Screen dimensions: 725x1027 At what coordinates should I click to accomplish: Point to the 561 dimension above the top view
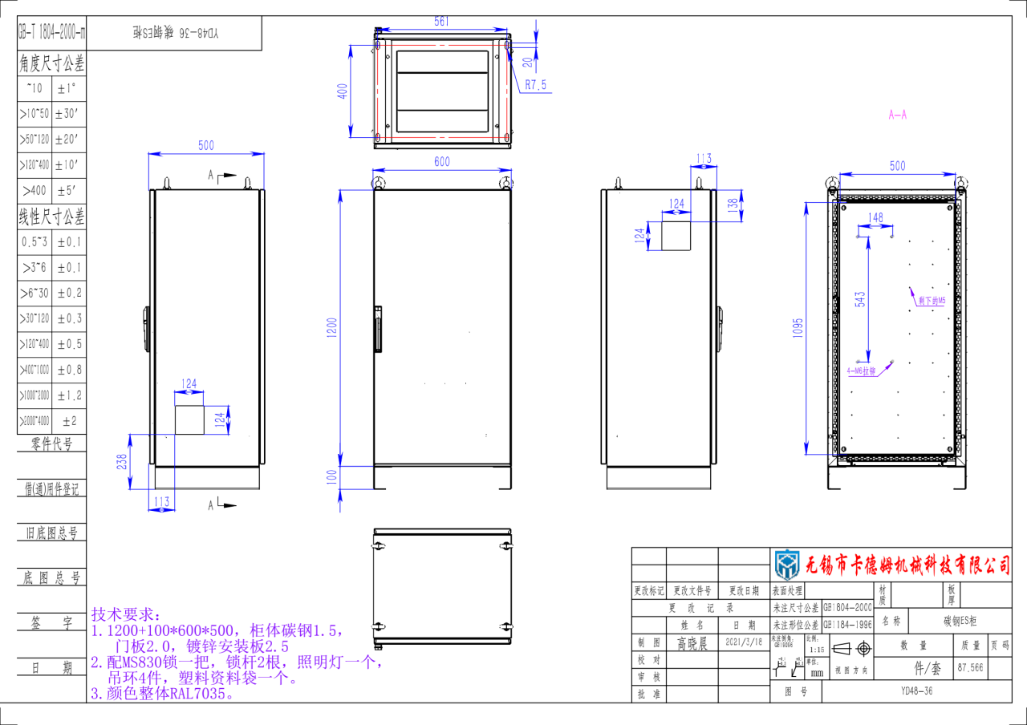click(x=441, y=22)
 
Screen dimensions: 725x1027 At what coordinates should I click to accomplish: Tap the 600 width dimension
click(x=441, y=161)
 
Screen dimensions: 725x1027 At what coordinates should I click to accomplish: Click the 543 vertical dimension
click(x=860, y=299)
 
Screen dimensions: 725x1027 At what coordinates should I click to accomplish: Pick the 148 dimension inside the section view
click(x=875, y=217)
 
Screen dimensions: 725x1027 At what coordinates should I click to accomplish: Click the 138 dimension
click(x=732, y=205)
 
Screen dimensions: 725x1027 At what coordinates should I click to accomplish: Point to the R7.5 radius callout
click(x=535, y=84)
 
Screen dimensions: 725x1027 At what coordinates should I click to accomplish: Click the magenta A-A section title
click(x=897, y=115)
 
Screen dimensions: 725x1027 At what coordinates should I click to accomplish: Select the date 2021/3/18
click(x=743, y=642)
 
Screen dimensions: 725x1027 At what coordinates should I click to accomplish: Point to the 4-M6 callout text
click(x=863, y=371)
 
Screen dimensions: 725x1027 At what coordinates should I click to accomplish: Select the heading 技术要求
click(x=126, y=614)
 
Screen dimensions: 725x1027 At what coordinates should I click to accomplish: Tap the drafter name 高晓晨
click(x=692, y=643)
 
